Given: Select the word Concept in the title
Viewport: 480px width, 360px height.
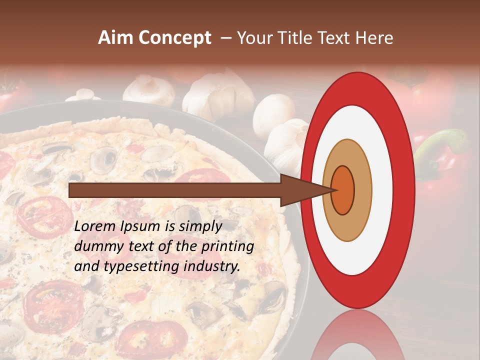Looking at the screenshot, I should [175, 38].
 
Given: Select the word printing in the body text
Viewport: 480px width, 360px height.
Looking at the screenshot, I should [227, 246].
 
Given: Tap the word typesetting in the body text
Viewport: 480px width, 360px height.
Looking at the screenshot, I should [141, 266].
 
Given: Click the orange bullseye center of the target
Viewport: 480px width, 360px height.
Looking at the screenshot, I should [342, 190].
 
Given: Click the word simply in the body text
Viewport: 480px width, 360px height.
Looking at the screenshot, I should [199, 226].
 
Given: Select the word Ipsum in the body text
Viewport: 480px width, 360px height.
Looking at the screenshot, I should [141, 226].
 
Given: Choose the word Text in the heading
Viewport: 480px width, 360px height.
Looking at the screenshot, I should [335, 38].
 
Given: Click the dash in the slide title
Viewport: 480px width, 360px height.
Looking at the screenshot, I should [225, 38].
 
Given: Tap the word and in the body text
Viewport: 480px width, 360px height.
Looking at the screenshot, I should [86, 266].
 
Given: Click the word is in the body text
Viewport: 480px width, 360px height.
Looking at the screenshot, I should [169, 226].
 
